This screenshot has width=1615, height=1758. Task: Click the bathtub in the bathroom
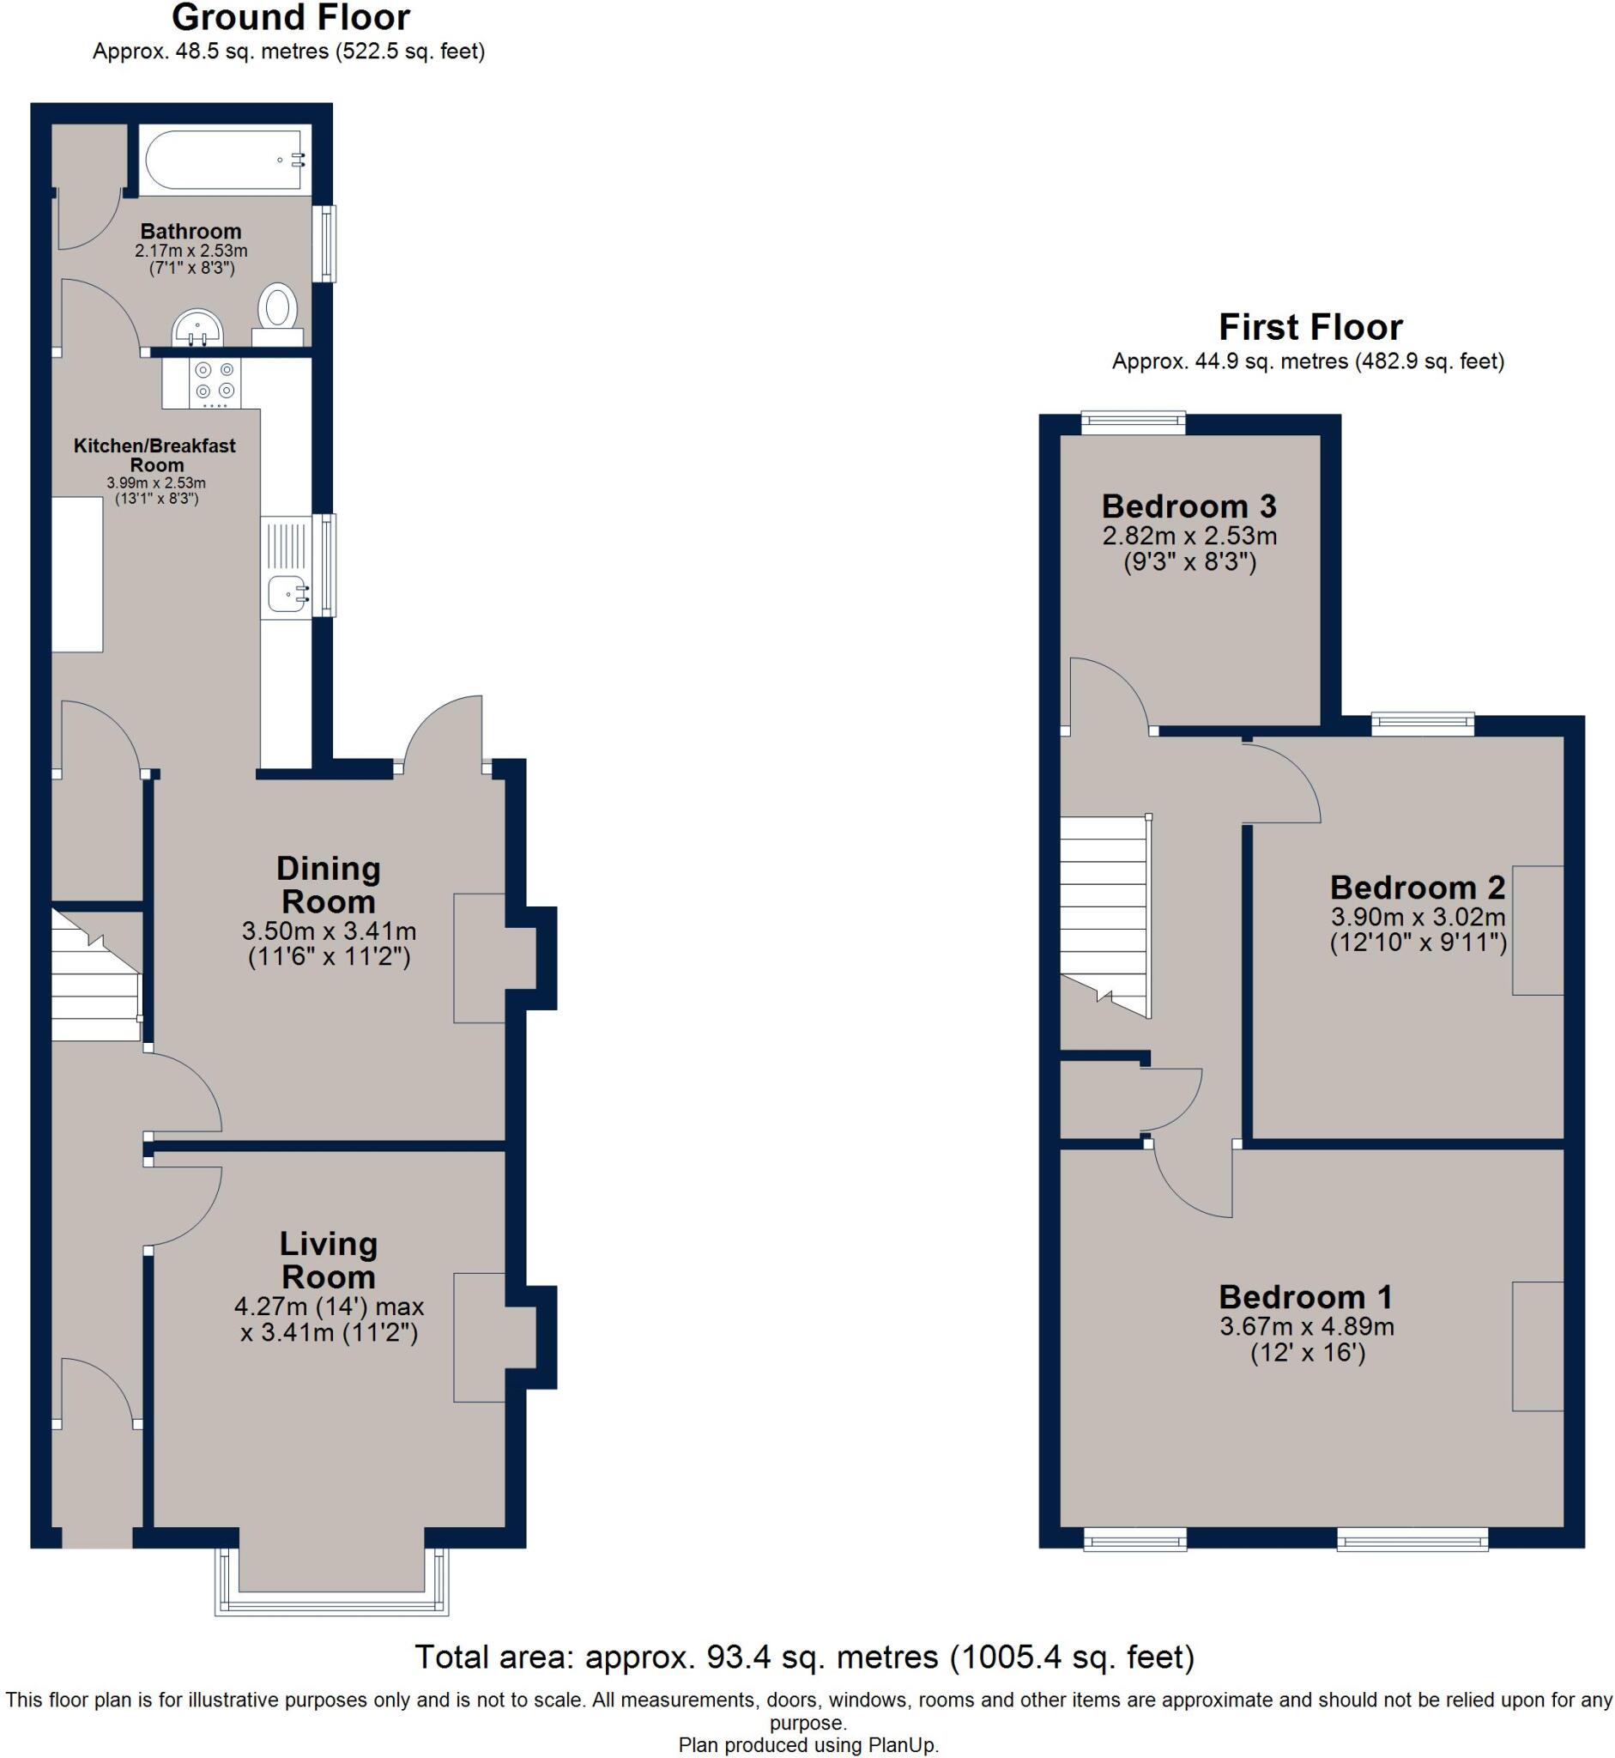coord(225,160)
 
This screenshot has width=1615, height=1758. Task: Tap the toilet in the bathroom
coord(278,314)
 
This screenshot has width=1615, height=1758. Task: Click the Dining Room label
coord(329,885)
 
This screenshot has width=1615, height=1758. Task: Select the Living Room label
coord(329,1260)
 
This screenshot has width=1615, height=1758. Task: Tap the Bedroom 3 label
coord(1189,506)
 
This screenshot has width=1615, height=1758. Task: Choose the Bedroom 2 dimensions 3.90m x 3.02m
coord(1418,917)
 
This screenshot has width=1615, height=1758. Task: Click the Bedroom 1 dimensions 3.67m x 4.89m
coord(1307,1326)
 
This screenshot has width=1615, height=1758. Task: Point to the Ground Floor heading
coord(290,17)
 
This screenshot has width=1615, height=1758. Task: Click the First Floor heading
coord(1310,327)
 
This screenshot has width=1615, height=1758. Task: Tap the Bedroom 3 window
coord(1133,424)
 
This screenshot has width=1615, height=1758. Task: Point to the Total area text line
coord(804,1657)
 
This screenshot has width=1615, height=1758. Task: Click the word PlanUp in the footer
coord(902,1746)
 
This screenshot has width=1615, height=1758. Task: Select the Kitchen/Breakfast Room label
coord(154,455)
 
